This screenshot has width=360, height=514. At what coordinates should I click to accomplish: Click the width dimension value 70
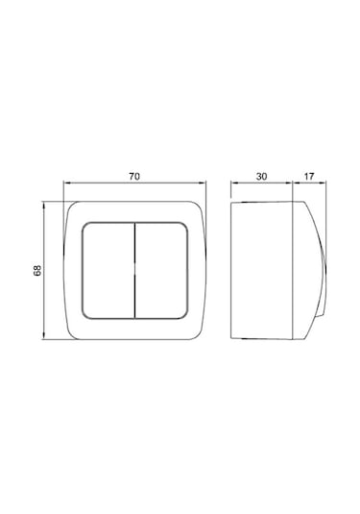point(134,177)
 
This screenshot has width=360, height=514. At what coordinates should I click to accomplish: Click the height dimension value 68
point(37,270)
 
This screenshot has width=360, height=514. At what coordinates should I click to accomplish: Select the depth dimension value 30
point(261,177)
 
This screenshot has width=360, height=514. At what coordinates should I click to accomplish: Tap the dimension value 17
point(309,177)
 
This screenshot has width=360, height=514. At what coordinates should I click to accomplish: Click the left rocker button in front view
point(108,270)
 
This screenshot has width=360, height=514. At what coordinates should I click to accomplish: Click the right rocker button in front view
point(161,270)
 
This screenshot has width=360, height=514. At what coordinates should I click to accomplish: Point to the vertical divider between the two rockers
point(135,270)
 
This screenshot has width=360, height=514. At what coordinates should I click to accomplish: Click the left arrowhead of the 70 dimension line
point(66,183)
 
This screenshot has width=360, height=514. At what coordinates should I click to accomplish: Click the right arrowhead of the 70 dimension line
point(203,183)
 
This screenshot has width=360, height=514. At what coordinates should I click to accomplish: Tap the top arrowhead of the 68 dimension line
point(43,206)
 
